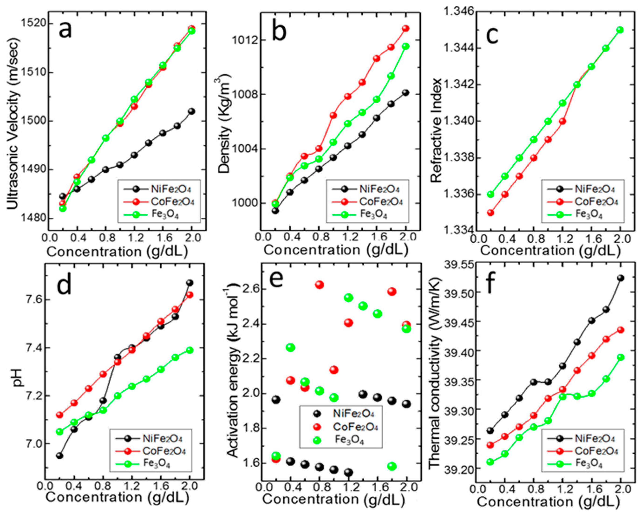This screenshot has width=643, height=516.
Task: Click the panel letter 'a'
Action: tap(65, 31)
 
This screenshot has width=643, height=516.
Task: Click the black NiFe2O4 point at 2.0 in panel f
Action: tap(620, 278)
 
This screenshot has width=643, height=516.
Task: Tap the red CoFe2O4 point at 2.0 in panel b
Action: tap(406, 28)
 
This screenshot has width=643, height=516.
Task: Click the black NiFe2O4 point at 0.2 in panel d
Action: tap(60, 456)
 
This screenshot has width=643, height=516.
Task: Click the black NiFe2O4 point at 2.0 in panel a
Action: tap(191, 111)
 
